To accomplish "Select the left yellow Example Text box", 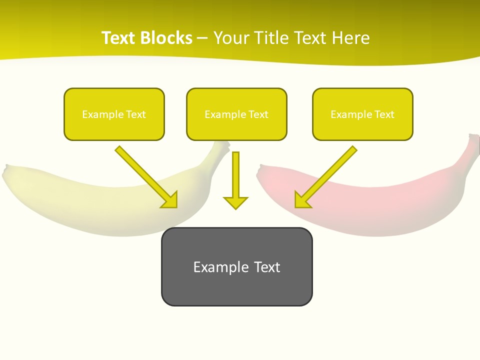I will tap(114, 114).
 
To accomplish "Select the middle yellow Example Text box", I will tap(236, 114).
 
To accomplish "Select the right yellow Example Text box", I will tap(362, 114).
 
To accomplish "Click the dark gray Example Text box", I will tap(236, 266).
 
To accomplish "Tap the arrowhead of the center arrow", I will tap(235, 202).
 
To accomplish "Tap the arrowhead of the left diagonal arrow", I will tap(170, 200).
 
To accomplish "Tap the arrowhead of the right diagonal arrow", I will tap(301, 200).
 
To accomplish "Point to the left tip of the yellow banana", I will tap(6, 173).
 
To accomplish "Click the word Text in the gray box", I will tap(267, 267).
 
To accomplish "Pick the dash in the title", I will tap(203, 38).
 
